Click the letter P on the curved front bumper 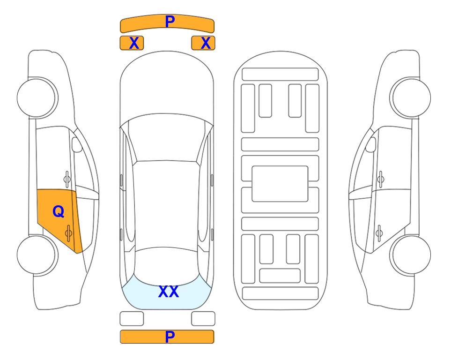point(170,22)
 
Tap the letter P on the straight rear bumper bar point(170,337)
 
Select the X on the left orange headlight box point(134,43)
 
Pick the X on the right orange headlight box point(206,43)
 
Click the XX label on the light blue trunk point(169,292)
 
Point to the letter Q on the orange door point(59,212)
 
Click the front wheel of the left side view point(37,97)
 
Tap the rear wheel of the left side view point(37,255)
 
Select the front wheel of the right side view point(410,97)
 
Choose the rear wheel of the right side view point(410,255)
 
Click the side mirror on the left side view point(76,144)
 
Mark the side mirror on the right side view point(371,144)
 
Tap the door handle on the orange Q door point(68,233)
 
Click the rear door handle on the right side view point(379,233)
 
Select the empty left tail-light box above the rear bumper point(132,319)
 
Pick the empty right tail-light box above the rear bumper point(203,319)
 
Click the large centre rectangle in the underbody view point(280,184)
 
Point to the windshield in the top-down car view point(167,137)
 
